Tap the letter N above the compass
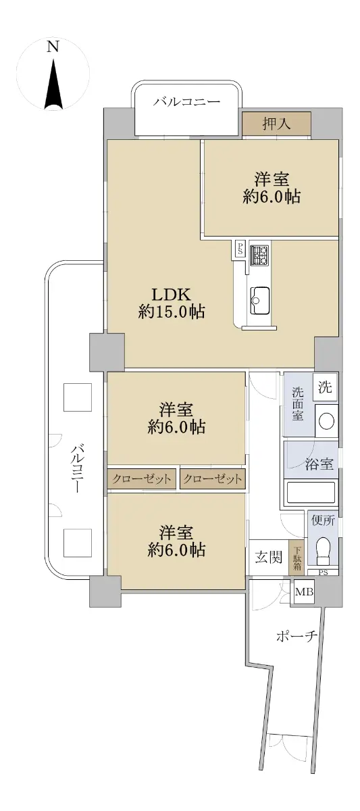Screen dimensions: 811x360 click(x=53, y=46)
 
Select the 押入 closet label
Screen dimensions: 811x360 click(x=277, y=123)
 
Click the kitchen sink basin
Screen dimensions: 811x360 click(x=260, y=298)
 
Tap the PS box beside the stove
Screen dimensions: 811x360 click(x=240, y=248)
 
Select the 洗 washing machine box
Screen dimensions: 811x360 click(x=326, y=388)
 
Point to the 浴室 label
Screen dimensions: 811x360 click(x=319, y=465)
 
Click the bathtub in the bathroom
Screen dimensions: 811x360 click(x=311, y=493)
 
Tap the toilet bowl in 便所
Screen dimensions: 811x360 click(x=322, y=548)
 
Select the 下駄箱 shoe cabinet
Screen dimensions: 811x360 click(x=297, y=558)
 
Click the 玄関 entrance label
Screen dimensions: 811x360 click(x=268, y=558)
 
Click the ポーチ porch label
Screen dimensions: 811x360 click(x=297, y=636)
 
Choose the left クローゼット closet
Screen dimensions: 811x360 click(x=142, y=479)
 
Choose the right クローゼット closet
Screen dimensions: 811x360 click(x=212, y=479)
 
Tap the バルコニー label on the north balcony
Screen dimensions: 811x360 click(x=186, y=102)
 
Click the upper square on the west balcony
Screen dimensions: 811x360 click(x=77, y=397)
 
